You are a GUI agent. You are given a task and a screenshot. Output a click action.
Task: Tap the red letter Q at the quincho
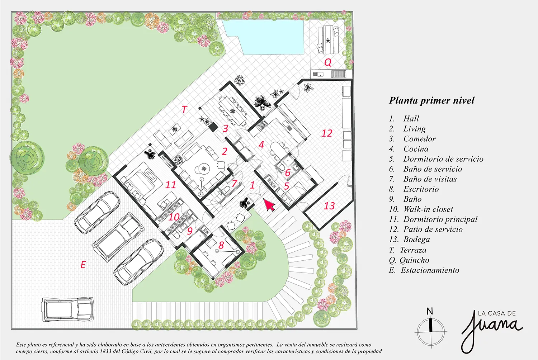coord(328,62)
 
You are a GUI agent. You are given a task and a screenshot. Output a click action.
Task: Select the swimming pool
coord(263,37)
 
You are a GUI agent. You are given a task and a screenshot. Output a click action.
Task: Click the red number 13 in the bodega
coord(329,206)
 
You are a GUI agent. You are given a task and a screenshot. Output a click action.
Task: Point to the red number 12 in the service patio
coord(327,133)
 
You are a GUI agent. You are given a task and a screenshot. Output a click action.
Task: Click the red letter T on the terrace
coord(184,109)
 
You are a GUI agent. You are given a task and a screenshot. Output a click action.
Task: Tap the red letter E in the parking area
coord(83,265)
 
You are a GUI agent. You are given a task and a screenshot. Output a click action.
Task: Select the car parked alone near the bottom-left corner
coord(68,309)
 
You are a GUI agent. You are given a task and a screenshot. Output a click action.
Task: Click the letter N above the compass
coord(430,311)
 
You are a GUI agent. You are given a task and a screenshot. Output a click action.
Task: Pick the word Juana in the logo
coord(491,330)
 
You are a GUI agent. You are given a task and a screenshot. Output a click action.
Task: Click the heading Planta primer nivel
coord(431,100)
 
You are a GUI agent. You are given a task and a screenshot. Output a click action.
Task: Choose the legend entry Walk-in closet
coord(421,209)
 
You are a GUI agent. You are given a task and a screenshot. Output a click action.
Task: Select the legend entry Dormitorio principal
coord(433,219)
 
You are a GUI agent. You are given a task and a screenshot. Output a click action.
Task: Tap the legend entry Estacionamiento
coord(424,270)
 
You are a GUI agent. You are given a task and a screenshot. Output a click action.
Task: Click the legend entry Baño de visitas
coord(423,179)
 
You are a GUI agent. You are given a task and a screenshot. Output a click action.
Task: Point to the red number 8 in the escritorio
coord(221,245)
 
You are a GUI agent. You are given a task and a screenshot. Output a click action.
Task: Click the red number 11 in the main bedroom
coord(170,185)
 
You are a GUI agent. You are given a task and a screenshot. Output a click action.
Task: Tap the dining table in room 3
coord(233,111)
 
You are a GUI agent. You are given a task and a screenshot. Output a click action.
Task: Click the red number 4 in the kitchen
coord(261,145)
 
